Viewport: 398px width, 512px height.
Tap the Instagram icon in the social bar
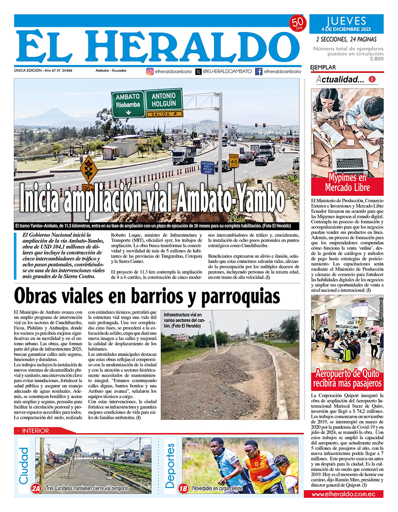pos(150,71)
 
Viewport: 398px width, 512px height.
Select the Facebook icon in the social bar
pos(259,71)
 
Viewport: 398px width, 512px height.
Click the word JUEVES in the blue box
pos(346,21)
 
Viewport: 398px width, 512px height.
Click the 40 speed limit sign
pos(234,161)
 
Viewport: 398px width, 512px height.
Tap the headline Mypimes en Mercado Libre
pos(347,183)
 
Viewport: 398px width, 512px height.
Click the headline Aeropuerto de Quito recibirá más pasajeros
pos(347,378)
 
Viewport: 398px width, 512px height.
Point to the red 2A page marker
pos(36,488)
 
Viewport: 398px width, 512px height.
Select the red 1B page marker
pos(183,488)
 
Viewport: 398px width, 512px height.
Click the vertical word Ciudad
pos(24,465)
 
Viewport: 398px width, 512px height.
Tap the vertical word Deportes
pos(170,465)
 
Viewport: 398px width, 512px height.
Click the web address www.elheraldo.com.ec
pos(347,494)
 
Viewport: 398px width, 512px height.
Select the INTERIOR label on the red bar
pos(35,431)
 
